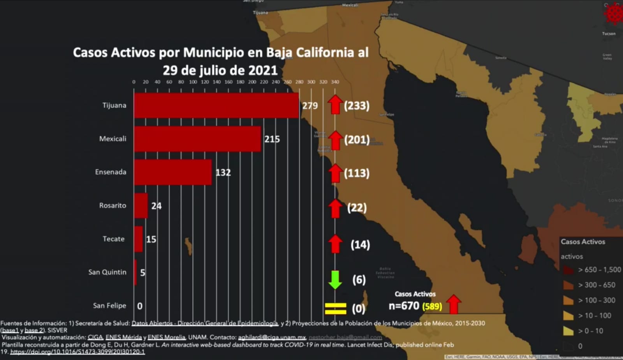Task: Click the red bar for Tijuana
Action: [x=216, y=105]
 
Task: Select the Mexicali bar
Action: [x=197, y=139]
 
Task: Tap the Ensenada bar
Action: [x=172, y=172]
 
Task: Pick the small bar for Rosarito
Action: [x=141, y=205]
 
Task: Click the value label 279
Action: [x=310, y=105]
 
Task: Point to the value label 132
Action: [x=223, y=172]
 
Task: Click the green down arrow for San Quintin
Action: [x=335, y=279]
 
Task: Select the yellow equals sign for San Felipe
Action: [x=335, y=309]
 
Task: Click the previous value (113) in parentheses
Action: [x=357, y=173]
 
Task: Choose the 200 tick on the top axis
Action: [x=252, y=82]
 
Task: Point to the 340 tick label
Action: [x=335, y=82]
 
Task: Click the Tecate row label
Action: [x=114, y=239]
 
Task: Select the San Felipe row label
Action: [x=109, y=306]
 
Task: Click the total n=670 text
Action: [x=404, y=306]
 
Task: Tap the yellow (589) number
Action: [x=432, y=307]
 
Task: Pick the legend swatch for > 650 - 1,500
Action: [x=568, y=270]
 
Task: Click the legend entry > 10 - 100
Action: [x=595, y=316]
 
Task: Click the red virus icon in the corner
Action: [x=613, y=14]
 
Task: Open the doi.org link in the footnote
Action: [x=77, y=352]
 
